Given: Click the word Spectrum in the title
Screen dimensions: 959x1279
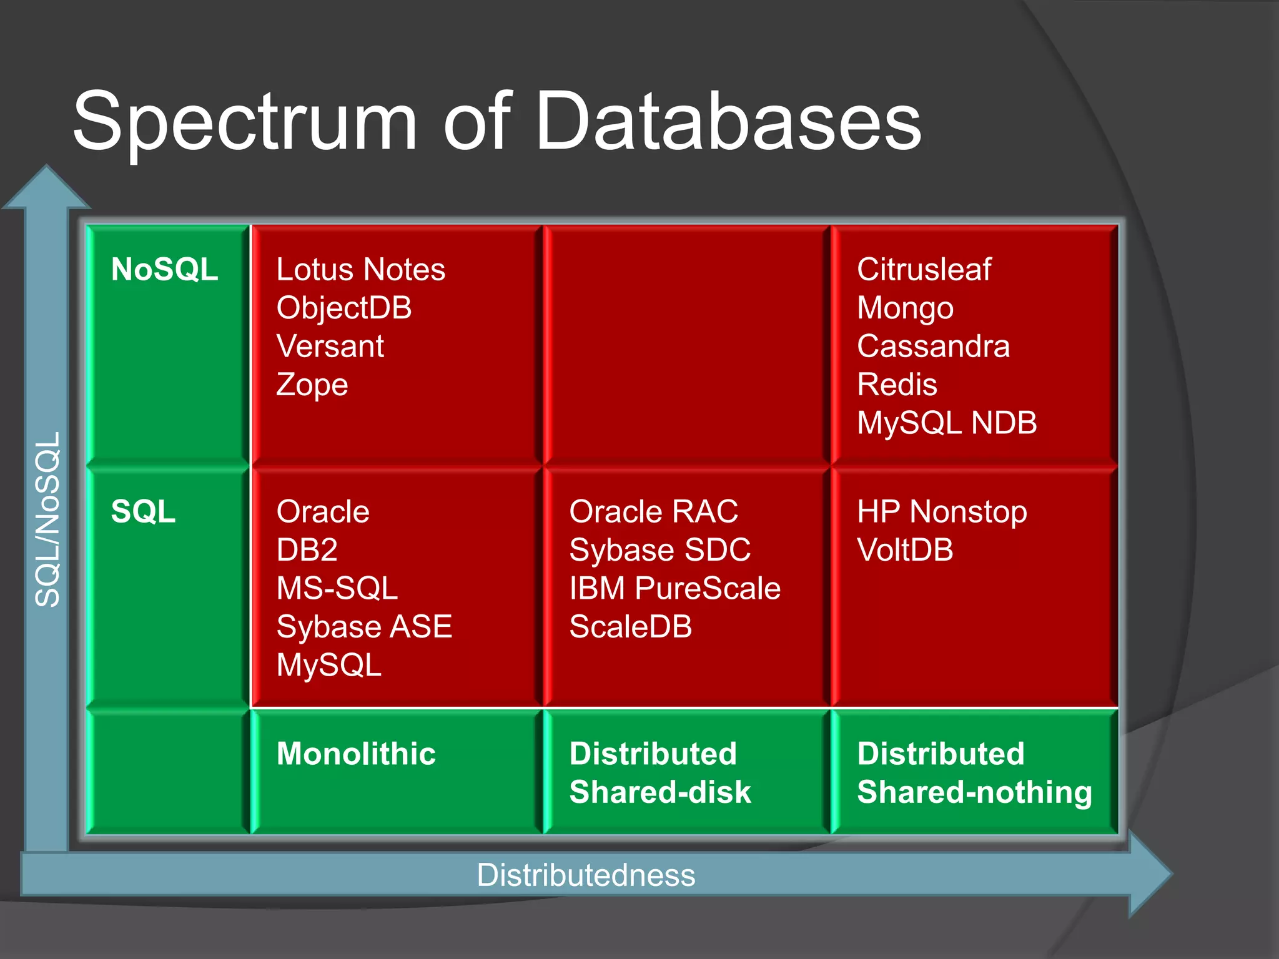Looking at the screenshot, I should pos(244,122).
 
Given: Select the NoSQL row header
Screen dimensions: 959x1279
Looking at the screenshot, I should pos(164,270).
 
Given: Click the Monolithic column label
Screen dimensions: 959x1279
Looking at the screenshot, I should pos(356,754).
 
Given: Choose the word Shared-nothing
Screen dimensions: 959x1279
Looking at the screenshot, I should pos(974,792).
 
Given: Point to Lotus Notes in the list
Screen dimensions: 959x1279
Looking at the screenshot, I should pos(360,270).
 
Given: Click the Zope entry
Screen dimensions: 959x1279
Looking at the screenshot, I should pos(312,385).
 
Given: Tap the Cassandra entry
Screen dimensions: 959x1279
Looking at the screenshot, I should pos(933,347).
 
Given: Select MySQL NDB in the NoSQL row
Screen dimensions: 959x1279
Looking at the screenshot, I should pos(946,423).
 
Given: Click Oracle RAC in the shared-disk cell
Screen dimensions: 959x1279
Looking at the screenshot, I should pos(653,512).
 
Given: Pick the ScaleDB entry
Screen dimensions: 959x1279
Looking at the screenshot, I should pos(631,627).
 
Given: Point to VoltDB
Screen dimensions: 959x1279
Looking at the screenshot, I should pos(905,550).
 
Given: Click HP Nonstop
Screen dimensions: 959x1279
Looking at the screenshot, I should pos(941,512).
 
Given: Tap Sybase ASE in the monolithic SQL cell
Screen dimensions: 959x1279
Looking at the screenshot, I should pos(364,627).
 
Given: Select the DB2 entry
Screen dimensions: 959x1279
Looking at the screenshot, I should pos(307,550).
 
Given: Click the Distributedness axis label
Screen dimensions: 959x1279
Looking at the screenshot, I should pos(586,875).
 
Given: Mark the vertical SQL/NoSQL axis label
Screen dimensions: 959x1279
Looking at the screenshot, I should pos(47,519).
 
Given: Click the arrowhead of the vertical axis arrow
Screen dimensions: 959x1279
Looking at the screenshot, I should pos(47,187).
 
